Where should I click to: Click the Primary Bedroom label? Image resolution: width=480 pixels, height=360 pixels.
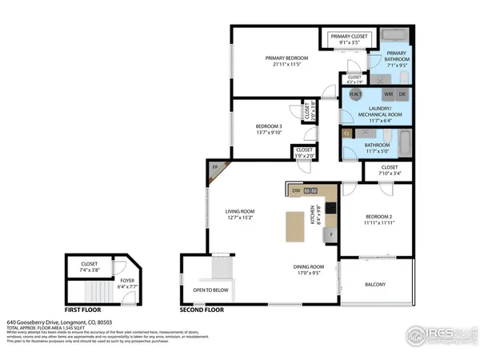287,58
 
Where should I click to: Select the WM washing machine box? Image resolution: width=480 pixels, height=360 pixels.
388,94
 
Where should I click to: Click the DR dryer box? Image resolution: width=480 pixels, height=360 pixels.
402,94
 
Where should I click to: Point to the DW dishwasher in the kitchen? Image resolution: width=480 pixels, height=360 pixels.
295,190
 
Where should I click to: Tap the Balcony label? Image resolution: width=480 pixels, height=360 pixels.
375,285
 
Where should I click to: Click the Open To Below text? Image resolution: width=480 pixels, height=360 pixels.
211,290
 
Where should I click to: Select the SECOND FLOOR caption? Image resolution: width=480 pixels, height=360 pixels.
202,308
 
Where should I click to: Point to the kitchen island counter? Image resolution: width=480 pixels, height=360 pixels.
289,226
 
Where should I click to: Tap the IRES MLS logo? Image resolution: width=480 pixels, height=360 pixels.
436,334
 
